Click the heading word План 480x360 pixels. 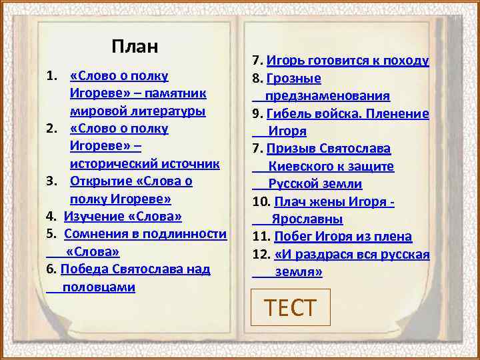pyautogui.click(x=135, y=47)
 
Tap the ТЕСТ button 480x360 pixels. pyautogui.click(x=290, y=307)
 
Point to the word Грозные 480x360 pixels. pyautogui.click(x=293, y=79)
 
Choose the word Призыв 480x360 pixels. pyautogui.click(x=290, y=148)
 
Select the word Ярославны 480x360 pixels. pyautogui.click(x=307, y=219)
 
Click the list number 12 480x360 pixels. pyautogui.click(x=260, y=254)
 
